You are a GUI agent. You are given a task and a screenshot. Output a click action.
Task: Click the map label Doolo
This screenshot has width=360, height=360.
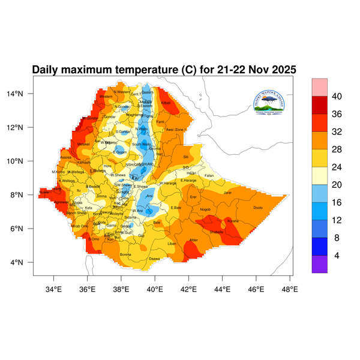point(258,208)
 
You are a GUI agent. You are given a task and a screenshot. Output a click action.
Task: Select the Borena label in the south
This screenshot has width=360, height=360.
point(125,254)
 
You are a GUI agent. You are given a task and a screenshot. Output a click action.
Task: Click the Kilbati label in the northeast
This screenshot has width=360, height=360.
point(166,103)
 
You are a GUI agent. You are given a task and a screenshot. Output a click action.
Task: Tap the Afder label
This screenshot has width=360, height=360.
point(193,240)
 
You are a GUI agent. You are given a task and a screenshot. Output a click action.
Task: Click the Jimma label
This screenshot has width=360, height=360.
point(101,196)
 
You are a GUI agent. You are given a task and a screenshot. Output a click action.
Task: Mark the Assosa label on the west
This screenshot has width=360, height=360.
point(66,157)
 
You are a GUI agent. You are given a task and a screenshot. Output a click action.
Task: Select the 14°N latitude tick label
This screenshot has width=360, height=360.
point(22,94)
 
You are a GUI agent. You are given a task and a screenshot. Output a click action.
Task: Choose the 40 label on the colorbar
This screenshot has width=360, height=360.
point(337,96)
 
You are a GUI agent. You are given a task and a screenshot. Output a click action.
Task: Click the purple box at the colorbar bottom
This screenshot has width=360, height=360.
point(319,265)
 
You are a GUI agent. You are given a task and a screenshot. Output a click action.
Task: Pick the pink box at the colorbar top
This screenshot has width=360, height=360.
point(319,86)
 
